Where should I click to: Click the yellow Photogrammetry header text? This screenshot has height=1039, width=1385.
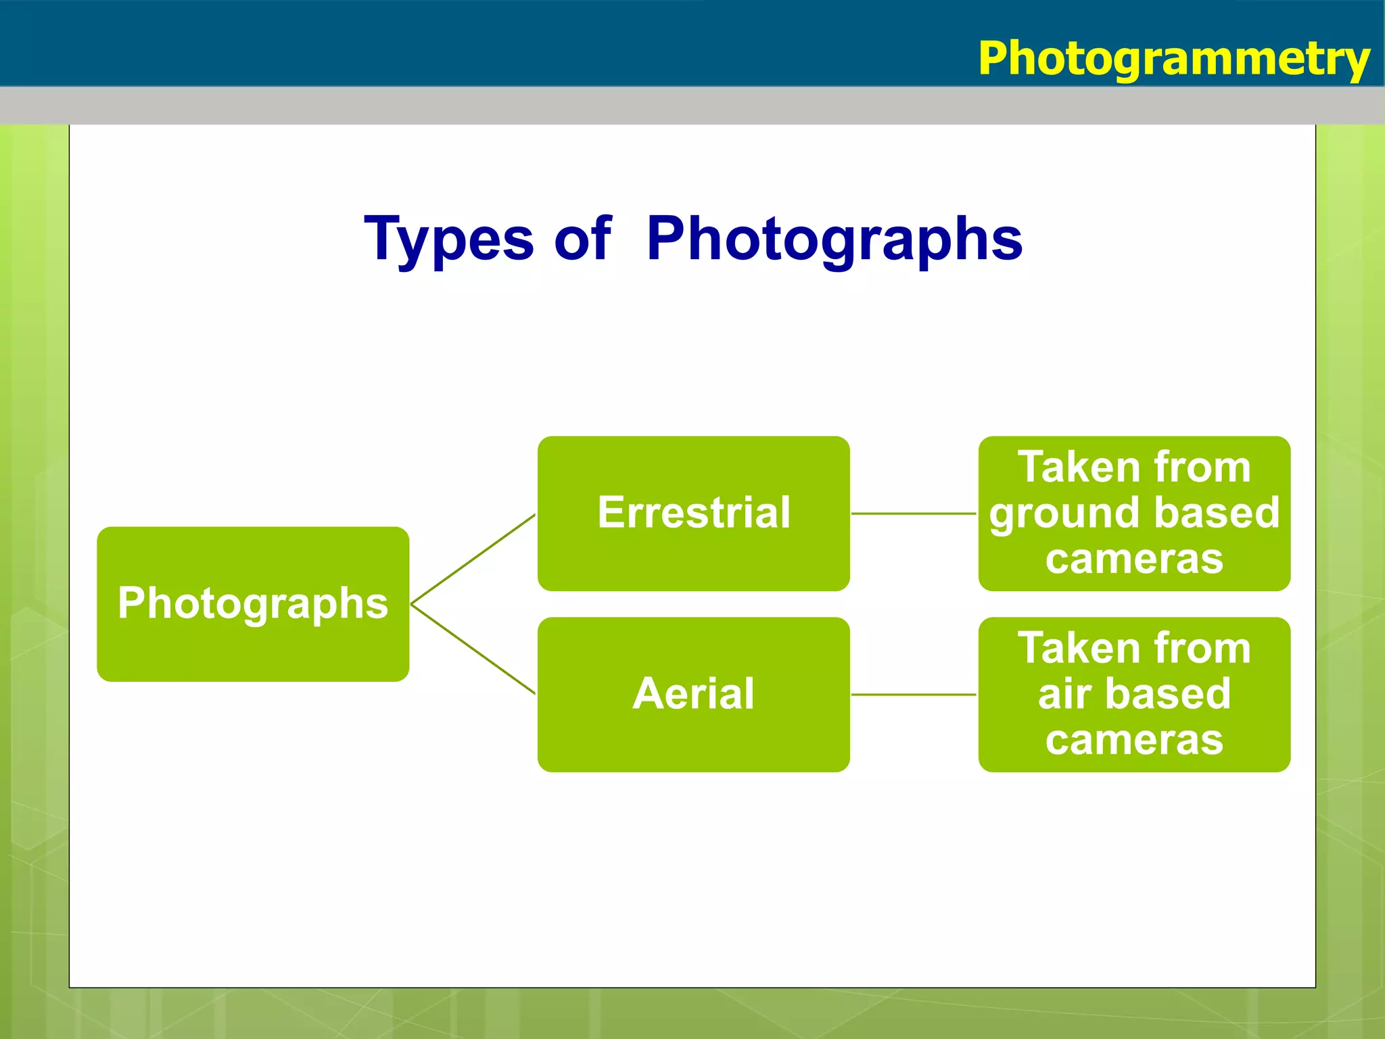click(x=1173, y=59)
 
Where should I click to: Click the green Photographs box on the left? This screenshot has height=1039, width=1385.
click(x=253, y=603)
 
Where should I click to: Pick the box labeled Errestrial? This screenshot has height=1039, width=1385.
click(x=693, y=513)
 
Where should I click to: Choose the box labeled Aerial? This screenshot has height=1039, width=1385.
click(x=693, y=694)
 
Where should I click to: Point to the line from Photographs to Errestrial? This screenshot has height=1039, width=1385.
click(x=473, y=559)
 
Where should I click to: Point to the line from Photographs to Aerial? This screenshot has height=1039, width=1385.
click(x=473, y=649)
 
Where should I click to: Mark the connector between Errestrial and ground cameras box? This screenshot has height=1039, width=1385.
click(x=913, y=513)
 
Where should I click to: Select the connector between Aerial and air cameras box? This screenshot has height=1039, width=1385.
click(x=913, y=694)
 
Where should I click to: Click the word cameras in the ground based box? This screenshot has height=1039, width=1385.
click(x=1134, y=559)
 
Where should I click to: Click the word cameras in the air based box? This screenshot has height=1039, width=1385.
click(x=1134, y=740)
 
